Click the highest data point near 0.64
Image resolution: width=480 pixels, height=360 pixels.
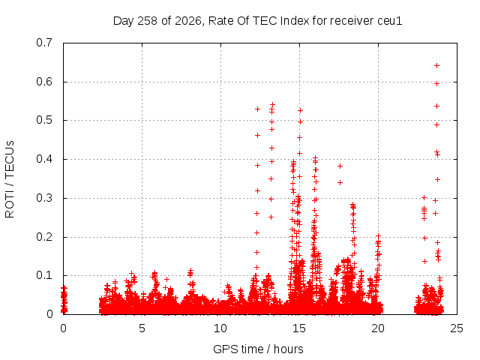coord(436,65)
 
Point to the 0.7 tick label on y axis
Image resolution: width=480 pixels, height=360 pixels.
coord(44,43)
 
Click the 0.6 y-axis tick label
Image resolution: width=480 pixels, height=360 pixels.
coord(44,82)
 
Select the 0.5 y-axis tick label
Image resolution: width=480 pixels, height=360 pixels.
coord(44,120)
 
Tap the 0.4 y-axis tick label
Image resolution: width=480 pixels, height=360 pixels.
coord(44,159)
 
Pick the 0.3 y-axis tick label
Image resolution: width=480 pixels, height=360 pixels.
coord(44,198)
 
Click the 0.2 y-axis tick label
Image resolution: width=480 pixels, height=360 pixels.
coord(44,237)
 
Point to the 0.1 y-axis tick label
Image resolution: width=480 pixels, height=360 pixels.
coord(44,275)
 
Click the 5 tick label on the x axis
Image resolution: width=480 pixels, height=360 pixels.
coord(142,328)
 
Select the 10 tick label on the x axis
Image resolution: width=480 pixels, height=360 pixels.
coord(220,328)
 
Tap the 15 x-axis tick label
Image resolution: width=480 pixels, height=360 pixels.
coord(299,328)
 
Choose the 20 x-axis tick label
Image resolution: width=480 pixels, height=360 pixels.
coord(378,328)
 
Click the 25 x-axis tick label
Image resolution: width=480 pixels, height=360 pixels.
coord(457,328)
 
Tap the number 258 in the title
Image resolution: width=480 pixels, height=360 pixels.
coord(147,21)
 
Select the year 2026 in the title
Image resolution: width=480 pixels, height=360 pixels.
coord(188,21)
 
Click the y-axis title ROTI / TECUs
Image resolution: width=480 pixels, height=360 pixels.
coord(10,179)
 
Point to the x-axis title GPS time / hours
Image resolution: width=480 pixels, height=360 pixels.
coord(258,349)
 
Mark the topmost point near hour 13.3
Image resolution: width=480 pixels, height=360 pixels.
coord(272,105)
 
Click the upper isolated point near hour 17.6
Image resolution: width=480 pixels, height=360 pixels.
coord(340,166)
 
